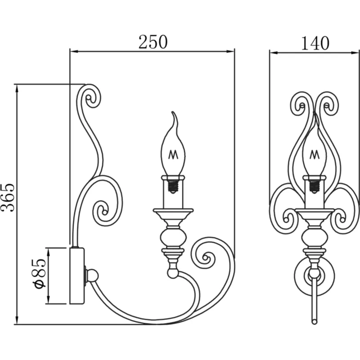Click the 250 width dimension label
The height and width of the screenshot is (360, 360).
coord(153,42)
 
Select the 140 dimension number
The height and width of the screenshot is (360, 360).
coord(315,43)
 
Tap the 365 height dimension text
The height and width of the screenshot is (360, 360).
coord(8,198)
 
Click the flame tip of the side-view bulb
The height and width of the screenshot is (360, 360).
coord(173,112)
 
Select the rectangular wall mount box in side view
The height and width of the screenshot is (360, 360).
coord(77,276)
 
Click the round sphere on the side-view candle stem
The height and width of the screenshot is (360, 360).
coord(173,238)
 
